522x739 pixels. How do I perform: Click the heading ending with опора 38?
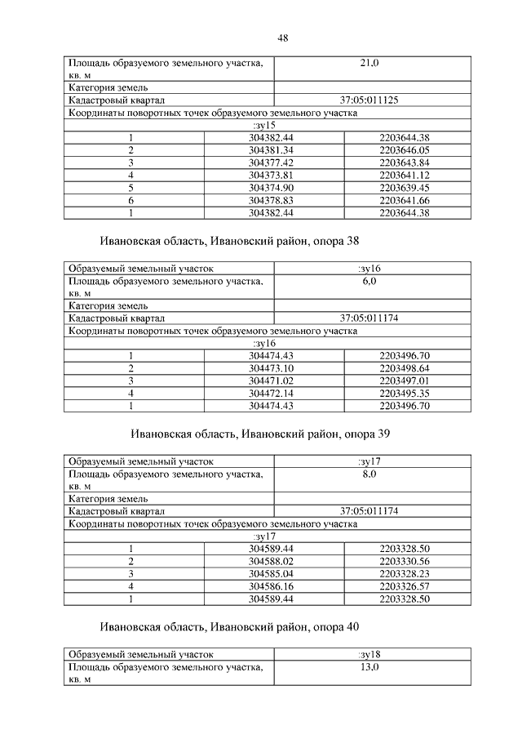coord(230,243)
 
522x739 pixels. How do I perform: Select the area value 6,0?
coord(369,281)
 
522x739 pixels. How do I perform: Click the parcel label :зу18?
coord(369,654)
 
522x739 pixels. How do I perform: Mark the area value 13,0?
coord(369,667)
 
